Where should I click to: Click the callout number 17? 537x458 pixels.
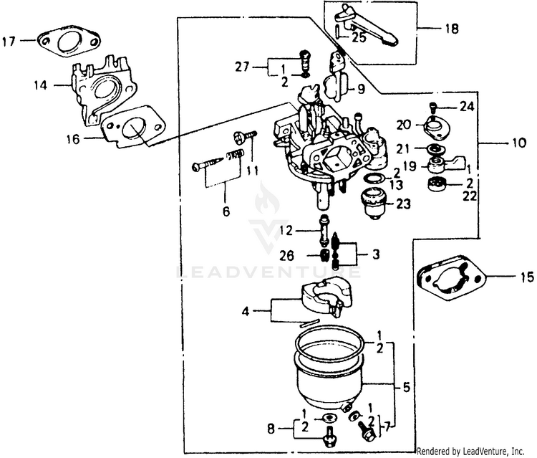(9, 41)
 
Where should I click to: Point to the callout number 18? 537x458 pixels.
(452, 29)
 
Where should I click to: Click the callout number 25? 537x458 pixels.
(359, 37)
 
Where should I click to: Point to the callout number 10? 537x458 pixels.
(518, 143)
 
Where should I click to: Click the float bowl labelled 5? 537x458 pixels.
(330, 376)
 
